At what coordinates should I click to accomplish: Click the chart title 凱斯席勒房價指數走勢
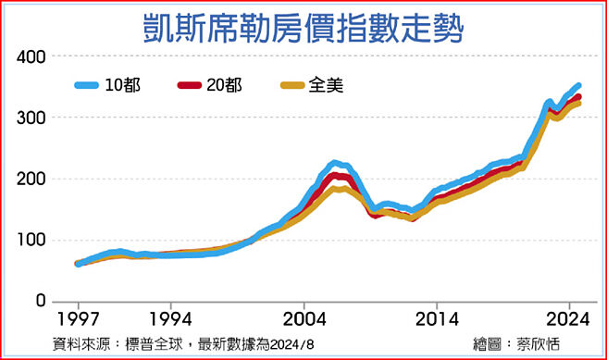click(303, 26)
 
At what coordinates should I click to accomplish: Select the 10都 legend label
click(124, 85)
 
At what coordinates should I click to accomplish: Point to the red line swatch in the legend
click(189, 85)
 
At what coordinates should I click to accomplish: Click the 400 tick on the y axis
click(31, 57)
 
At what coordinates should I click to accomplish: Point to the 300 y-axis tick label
click(31, 118)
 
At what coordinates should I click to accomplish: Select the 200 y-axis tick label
click(31, 180)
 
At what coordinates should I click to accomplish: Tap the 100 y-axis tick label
click(31, 241)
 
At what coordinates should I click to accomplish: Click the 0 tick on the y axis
click(41, 302)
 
